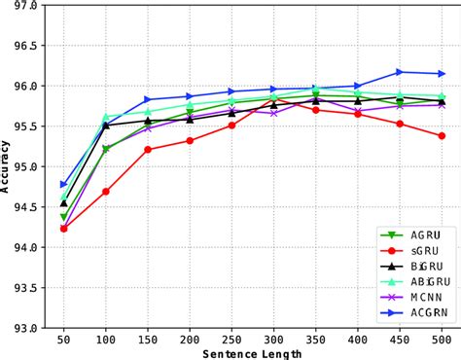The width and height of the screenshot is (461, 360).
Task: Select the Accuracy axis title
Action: coord(7,167)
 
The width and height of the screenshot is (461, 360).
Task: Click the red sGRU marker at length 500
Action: coord(443,136)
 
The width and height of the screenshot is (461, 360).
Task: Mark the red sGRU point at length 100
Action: coord(105,192)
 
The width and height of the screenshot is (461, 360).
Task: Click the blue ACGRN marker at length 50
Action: coord(63,184)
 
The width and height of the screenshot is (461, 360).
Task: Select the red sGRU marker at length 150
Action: coord(148,150)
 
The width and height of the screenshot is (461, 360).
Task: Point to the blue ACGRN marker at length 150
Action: coord(148,99)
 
